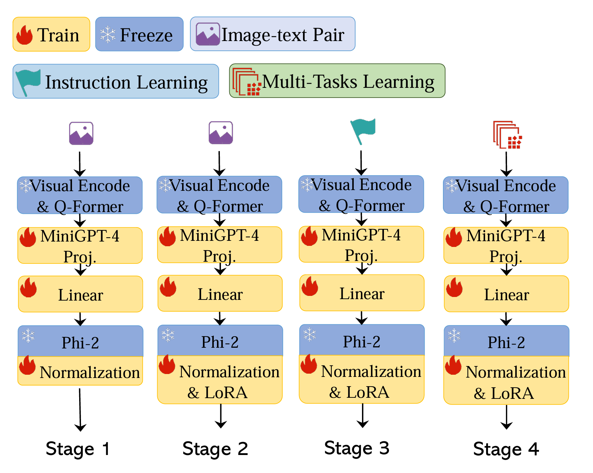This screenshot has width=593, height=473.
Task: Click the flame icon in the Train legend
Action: coord(24,35)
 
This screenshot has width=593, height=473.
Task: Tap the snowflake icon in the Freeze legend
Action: coord(108,35)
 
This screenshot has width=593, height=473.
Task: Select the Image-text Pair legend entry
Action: coord(272,34)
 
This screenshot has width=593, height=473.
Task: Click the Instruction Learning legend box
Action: coord(116,81)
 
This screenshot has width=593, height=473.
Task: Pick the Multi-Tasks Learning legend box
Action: coord(337,81)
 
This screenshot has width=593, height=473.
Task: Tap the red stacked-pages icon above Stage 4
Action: coord(507,135)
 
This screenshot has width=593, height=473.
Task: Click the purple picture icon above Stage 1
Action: coord(81,133)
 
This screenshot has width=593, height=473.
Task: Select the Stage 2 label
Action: coord(215,449)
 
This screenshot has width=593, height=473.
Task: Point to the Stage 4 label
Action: coord(506,449)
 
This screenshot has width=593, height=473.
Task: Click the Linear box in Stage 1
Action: coord(81,294)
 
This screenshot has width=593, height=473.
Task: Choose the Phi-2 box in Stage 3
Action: coord(362,340)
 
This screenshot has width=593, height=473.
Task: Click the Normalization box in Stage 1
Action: coord(81,371)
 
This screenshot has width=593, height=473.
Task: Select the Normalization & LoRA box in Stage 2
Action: coord(220,380)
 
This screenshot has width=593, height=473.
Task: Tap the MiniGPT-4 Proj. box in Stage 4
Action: coord(506,245)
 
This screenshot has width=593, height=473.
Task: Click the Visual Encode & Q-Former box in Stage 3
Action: coord(361,194)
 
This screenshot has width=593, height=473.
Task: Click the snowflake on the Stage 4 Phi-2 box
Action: coord(454,335)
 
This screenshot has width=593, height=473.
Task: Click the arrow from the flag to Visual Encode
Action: coord(361,163)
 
